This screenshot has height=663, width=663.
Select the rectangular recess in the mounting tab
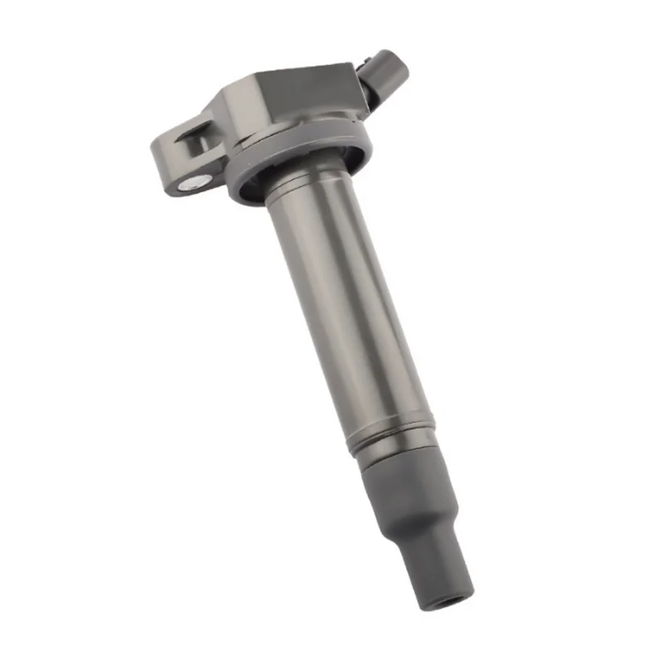tap(196, 139)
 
